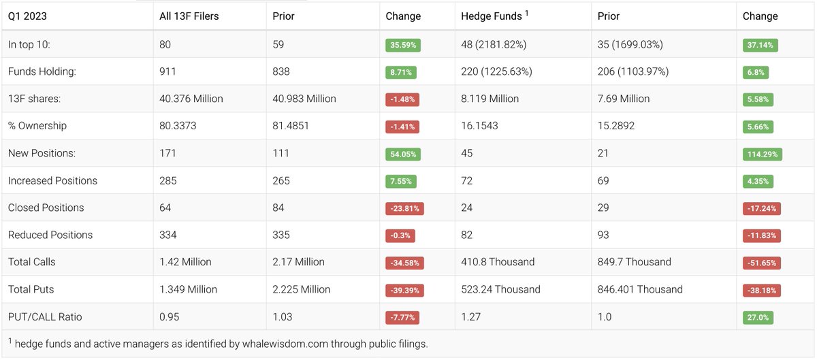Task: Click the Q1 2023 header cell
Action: (27, 16)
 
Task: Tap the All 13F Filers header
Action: (189, 16)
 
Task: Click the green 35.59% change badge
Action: (403, 45)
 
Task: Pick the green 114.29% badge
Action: (762, 154)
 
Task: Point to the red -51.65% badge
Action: (761, 263)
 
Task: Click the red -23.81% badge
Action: (404, 208)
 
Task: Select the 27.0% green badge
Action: (758, 317)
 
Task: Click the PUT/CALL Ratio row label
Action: (45, 316)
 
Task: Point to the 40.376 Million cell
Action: (191, 99)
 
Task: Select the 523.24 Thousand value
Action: (500, 289)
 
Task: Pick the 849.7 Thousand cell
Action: (634, 262)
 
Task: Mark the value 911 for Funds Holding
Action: (167, 71)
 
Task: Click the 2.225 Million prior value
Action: (301, 289)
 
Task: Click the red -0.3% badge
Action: (400, 235)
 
